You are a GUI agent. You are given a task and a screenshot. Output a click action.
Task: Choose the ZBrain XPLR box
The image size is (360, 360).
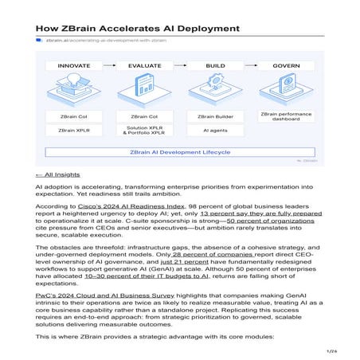click(x=74, y=130)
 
